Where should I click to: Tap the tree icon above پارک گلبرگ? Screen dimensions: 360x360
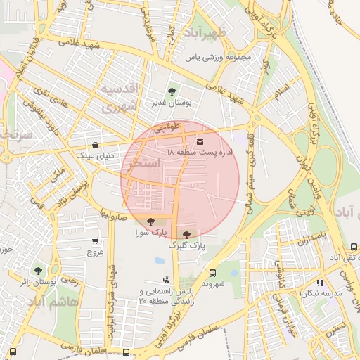coord(186,235)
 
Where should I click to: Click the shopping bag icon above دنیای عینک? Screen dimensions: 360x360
coord(95,145)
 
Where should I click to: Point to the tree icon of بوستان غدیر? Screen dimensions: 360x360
coord(172,91)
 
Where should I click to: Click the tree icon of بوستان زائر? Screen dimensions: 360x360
coord(38,270)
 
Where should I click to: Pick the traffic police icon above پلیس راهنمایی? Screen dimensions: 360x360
coord(166,281)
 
